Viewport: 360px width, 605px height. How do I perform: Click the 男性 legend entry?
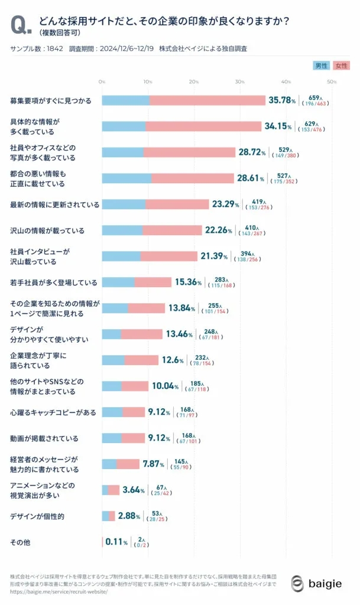321,65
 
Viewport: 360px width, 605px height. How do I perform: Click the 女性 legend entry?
340,65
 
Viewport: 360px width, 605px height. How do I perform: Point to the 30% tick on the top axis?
239,81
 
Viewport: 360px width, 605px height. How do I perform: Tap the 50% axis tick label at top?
332,81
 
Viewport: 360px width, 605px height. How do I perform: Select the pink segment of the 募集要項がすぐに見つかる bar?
207,100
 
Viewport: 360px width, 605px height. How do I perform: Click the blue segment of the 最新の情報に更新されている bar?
124,204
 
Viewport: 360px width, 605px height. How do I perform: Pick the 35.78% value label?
282,100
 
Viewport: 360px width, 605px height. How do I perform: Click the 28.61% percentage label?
251,178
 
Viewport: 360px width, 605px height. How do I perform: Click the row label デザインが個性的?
37,516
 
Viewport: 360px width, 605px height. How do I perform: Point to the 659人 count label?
314,97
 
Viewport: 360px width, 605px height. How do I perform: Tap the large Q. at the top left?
21,25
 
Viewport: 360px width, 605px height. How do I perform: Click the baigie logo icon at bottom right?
298,584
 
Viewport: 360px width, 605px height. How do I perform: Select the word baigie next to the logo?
325,584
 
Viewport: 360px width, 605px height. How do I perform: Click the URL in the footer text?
59,591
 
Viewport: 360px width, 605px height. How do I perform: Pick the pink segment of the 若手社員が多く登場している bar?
153,282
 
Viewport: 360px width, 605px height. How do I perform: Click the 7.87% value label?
153,464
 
